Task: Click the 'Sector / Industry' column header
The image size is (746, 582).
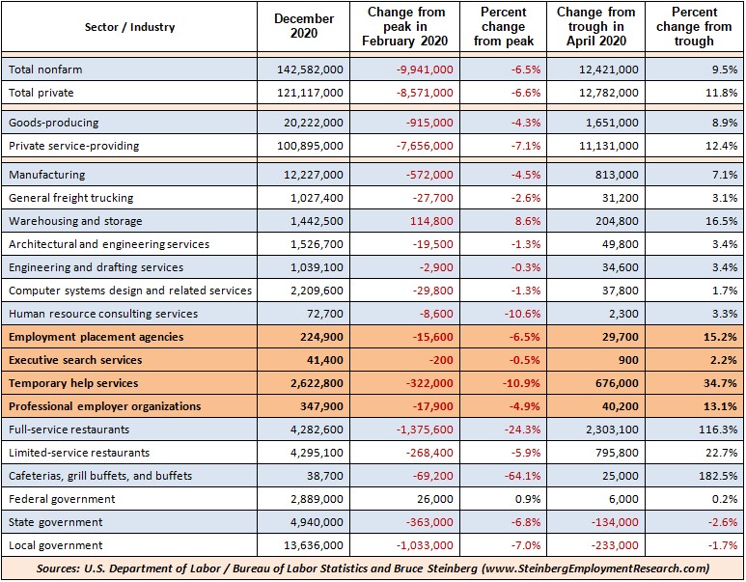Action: tap(129, 27)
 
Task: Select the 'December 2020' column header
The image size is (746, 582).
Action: tap(304, 26)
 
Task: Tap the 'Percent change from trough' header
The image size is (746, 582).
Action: tap(694, 26)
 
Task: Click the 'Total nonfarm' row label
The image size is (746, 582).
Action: tap(45, 69)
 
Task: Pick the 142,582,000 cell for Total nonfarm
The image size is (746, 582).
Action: tap(310, 69)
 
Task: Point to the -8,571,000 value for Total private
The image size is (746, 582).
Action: tap(425, 93)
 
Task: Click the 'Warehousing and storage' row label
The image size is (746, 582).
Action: tap(75, 221)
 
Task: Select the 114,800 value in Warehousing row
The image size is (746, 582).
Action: tap(433, 221)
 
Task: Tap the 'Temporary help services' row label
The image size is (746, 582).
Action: tap(73, 383)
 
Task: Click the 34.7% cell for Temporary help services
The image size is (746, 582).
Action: tap(720, 383)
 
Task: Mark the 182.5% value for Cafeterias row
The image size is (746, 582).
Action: tap(718, 476)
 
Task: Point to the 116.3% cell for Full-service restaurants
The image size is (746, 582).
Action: tap(718, 430)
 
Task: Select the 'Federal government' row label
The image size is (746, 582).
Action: tap(62, 499)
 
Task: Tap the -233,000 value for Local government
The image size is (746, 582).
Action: tap(615, 545)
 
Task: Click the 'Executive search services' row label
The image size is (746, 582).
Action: tap(75, 360)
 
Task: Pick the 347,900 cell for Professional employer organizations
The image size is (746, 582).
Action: tap(321, 406)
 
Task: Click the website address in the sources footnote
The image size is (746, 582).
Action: tap(595, 568)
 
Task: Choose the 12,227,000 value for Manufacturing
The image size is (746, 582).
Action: tap(314, 175)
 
